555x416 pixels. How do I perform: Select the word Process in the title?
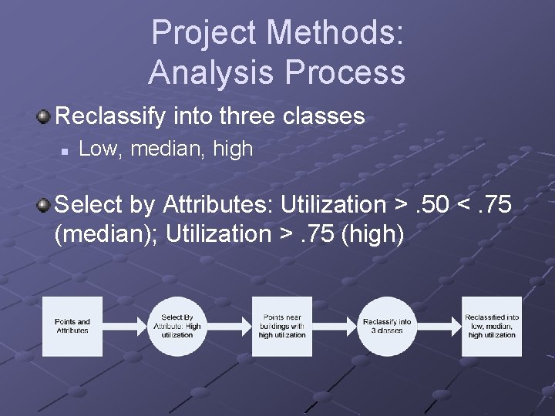point(345,72)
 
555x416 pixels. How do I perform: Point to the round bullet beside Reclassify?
point(45,116)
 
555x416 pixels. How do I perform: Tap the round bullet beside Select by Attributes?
point(45,204)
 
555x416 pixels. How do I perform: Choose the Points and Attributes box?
point(72,327)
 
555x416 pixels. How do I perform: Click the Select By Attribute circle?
point(178,327)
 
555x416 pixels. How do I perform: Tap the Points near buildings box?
point(283,327)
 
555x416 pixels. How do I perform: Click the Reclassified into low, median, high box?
point(492,327)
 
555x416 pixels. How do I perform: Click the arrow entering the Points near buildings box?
point(230,327)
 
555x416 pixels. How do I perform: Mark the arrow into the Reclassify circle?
point(335,327)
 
